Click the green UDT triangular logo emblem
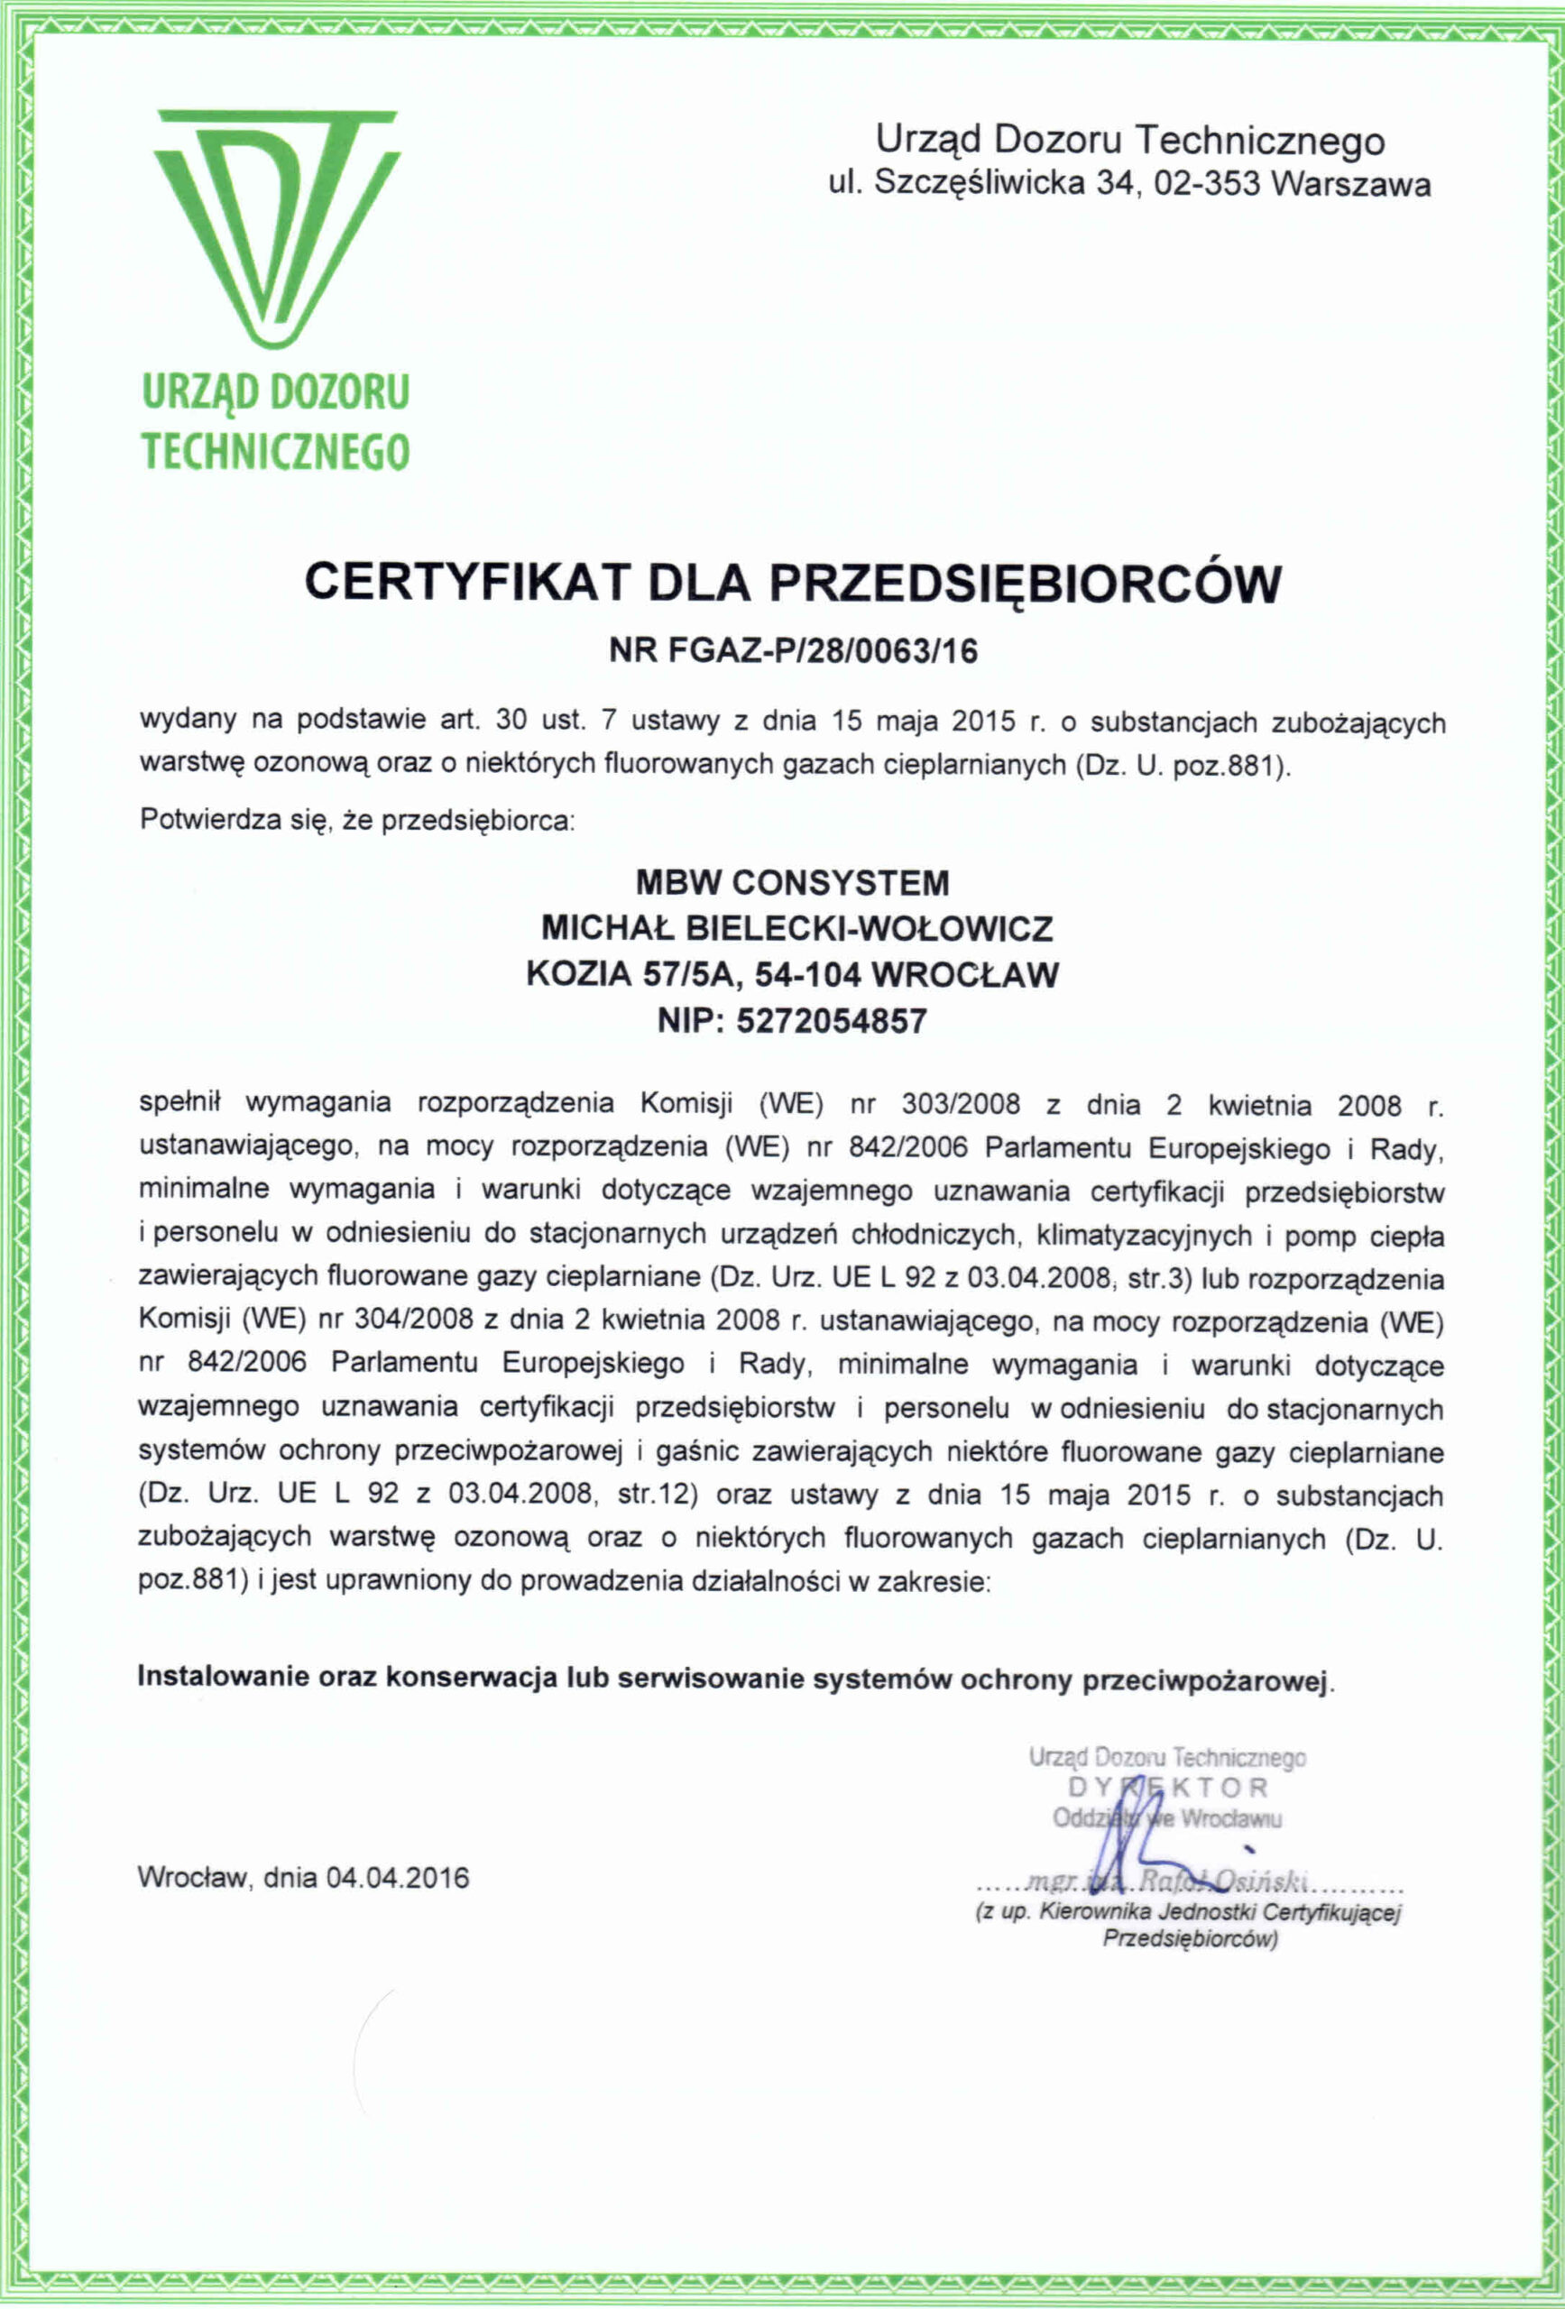276,228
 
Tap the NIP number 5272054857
832,1020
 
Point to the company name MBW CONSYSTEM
792,882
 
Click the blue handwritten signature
1143,1833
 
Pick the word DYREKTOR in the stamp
1168,1789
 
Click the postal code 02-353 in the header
1207,185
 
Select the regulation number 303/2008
961,1105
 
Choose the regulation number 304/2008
417,1321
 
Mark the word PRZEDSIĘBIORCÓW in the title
1026,583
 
